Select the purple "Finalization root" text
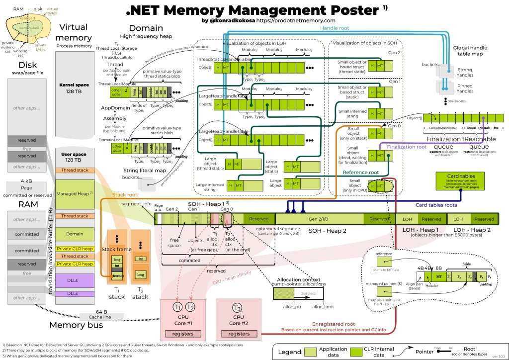pos(406,148)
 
